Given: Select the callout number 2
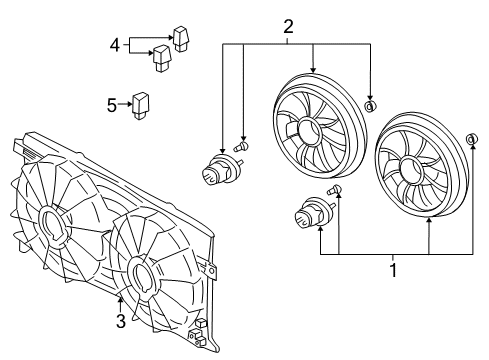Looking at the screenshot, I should pyautogui.click(x=289, y=26).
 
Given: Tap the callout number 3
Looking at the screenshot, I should pyautogui.click(x=120, y=320).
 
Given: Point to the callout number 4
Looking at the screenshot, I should pyautogui.click(x=115, y=44).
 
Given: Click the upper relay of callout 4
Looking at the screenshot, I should pyautogui.click(x=180, y=38).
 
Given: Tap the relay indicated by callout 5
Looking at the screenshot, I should pyautogui.click(x=143, y=103).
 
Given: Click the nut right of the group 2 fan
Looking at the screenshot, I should pyautogui.click(x=370, y=106).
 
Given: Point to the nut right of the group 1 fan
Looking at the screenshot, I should pyautogui.click(x=472, y=138).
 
